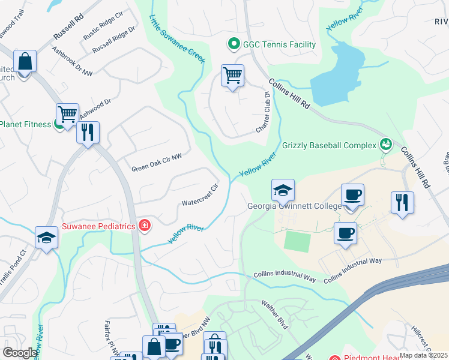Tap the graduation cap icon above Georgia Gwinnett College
(283, 191)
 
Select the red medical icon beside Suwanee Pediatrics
(144, 226)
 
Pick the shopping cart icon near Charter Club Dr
(232, 76)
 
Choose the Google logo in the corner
(19, 353)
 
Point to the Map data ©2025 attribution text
(423, 355)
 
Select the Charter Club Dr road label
(263, 112)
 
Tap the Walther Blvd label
(275, 314)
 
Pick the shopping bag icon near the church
(25, 62)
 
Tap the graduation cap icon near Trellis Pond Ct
(46, 238)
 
